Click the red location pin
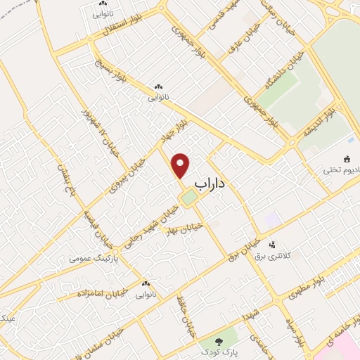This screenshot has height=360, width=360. [181, 165]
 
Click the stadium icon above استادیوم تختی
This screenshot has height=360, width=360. [348, 160]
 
